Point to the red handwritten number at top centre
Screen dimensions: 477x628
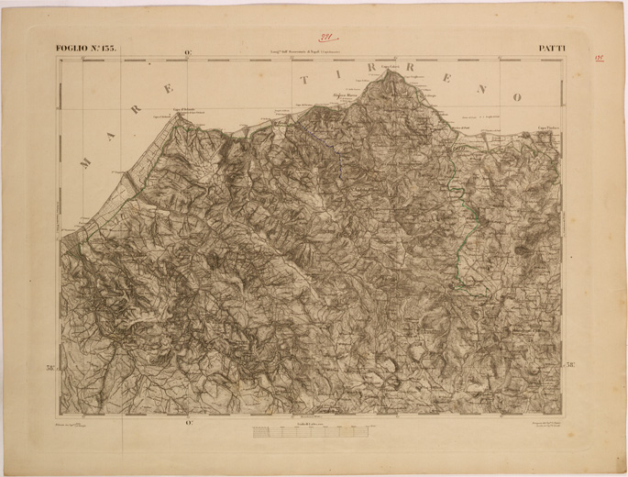(325, 38)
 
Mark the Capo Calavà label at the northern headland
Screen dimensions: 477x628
(391, 67)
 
